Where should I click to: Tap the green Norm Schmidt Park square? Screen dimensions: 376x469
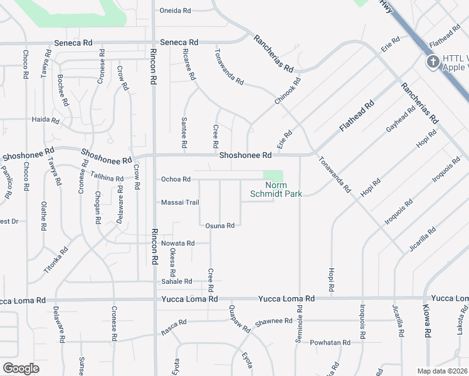click(x=273, y=176)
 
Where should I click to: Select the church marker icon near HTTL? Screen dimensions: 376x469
click(x=433, y=62)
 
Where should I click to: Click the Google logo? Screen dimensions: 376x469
click(x=21, y=368)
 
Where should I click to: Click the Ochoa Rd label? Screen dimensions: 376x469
click(x=176, y=179)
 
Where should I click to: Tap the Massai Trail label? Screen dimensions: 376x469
click(x=180, y=202)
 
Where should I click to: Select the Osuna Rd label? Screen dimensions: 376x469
click(x=219, y=226)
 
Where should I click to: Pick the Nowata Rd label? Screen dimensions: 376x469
click(x=177, y=243)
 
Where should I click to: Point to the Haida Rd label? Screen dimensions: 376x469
click(x=46, y=120)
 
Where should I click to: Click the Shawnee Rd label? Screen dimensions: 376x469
click(x=276, y=321)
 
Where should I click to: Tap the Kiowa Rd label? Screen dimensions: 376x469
click(x=428, y=324)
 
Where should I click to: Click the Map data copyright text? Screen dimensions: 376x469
click(x=443, y=371)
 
